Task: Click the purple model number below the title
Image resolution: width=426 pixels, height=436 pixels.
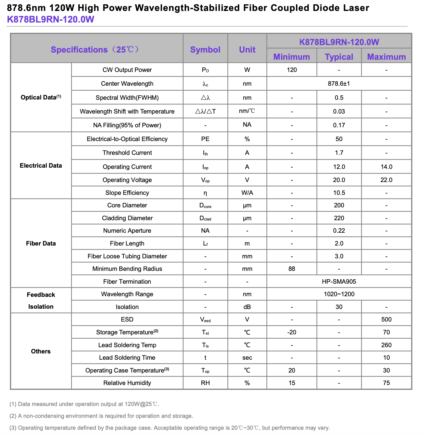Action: click(x=50, y=19)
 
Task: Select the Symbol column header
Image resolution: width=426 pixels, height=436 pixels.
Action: click(x=205, y=50)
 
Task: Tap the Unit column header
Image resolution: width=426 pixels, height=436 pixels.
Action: click(x=247, y=50)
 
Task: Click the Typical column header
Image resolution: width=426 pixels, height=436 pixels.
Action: click(x=339, y=57)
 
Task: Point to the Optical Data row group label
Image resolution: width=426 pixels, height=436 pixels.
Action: click(x=41, y=97)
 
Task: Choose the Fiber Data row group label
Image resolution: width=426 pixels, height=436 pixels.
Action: click(x=41, y=243)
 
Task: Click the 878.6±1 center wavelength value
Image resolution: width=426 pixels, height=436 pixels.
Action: click(x=339, y=84)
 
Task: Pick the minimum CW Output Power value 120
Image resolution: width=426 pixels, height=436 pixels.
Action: click(x=292, y=70)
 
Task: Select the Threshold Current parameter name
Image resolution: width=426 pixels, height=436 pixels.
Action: click(x=127, y=153)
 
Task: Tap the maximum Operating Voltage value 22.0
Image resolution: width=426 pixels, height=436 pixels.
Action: click(x=386, y=180)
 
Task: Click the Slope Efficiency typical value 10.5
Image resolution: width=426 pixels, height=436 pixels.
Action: click(x=339, y=193)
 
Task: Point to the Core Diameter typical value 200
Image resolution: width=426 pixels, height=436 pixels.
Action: click(x=339, y=205)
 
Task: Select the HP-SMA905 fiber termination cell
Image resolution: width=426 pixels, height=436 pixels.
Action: click(x=339, y=281)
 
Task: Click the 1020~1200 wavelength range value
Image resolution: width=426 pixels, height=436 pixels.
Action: click(x=339, y=294)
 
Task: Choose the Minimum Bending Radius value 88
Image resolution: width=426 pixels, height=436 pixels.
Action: click(x=292, y=269)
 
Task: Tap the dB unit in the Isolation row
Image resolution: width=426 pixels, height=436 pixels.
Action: click(x=247, y=307)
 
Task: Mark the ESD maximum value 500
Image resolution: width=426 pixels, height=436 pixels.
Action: click(x=386, y=319)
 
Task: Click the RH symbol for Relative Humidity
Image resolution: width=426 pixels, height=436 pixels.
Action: click(x=205, y=383)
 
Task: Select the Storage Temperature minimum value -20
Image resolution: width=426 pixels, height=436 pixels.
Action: click(x=292, y=332)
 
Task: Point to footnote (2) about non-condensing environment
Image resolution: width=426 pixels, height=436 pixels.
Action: click(x=101, y=416)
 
